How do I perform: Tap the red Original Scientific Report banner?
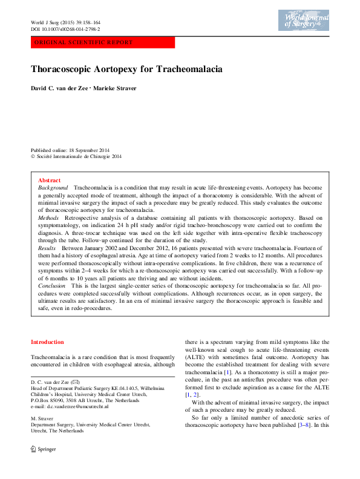pyautogui.click(x=103, y=43)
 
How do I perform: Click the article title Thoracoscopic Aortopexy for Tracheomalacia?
pyautogui.click(x=126, y=69)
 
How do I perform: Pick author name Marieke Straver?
pyautogui.click(x=115, y=88)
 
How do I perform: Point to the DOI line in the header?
pyautogui.click(x=65, y=29)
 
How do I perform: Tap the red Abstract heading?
pyautogui.click(x=49, y=180)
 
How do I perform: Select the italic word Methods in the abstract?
pyautogui.click(x=48, y=217)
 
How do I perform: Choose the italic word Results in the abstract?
pyautogui.click(x=47, y=248)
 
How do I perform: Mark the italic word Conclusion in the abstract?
pyautogui.click(x=51, y=285)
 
